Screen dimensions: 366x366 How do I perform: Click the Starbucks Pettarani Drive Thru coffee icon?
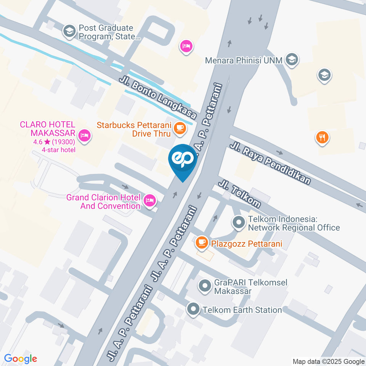click(x=180, y=128)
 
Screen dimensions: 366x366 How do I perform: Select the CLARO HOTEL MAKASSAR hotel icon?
click(x=84, y=135)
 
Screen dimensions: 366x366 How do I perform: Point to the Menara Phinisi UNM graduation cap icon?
click(x=292, y=59)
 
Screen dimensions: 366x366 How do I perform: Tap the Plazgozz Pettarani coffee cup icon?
click(x=201, y=242)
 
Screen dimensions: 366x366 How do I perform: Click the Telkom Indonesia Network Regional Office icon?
click(x=239, y=222)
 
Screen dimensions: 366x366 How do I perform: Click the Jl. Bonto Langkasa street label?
click(x=158, y=98)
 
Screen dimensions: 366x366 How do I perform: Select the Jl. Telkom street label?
click(x=239, y=194)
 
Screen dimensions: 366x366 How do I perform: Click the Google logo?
click(x=21, y=359)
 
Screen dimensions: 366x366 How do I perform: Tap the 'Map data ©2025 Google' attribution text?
click(x=329, y=361)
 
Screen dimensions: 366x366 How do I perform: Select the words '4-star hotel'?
click(x=59, y=149)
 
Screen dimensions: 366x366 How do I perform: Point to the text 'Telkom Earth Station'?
click(x=242, y=310)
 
